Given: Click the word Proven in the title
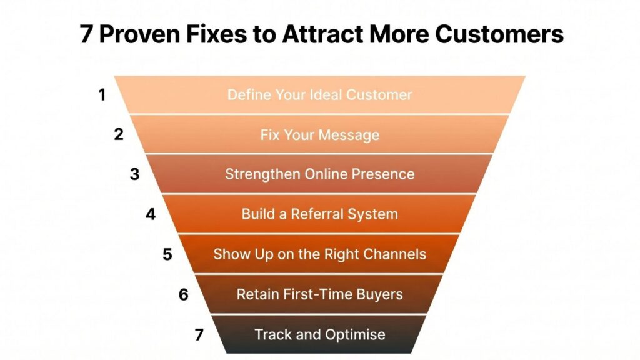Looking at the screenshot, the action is click(139, 34).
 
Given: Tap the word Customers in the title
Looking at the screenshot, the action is click(499, 34).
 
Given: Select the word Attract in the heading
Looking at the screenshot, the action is click(322, 34).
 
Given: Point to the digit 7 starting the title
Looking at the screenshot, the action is click(86, 34).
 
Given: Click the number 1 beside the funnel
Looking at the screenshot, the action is click(102, 95).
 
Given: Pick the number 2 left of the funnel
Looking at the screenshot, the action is click(119, 134).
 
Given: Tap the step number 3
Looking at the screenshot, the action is click(135, 174).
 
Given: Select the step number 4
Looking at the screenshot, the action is click(151, 214).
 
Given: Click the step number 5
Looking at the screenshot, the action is click(167, 254).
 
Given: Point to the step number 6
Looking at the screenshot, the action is click(184, 294).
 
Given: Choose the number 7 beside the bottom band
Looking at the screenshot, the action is click(199, 335).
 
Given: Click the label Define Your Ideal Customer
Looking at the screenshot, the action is click(319, 95).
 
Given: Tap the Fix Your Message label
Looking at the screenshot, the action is click(320, 135).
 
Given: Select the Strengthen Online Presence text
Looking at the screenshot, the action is click(320, 174).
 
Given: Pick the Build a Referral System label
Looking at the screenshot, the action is click(319, 214).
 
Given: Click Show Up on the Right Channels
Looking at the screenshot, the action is click(319, 254).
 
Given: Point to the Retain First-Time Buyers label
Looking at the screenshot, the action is click(319, 294).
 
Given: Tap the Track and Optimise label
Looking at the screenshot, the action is click(320, 335).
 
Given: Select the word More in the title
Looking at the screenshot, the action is click(399, 34).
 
